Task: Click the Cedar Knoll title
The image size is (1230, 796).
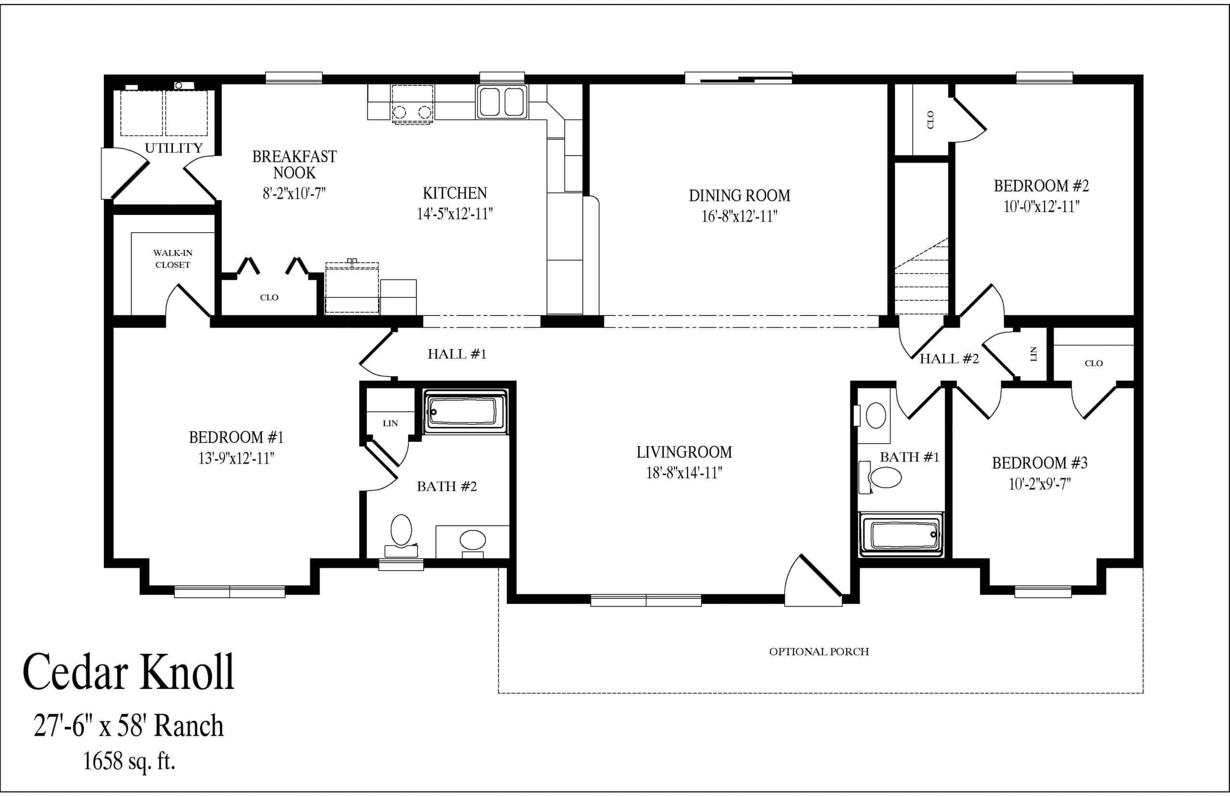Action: point(128,672)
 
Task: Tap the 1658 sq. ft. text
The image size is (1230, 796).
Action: point(129,761)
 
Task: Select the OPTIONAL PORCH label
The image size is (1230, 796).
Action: point(819,652)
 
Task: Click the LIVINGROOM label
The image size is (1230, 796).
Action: point(684,452)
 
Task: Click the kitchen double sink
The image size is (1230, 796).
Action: point(502,102)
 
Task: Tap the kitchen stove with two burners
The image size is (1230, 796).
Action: point(412,105)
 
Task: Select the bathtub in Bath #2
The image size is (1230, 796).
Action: point(466,412)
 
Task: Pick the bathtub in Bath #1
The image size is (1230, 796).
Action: point(901,535)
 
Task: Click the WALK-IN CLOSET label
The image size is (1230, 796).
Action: point(172,259)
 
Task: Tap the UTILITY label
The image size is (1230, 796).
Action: point(173,149)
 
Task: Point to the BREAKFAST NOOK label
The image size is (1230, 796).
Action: point(295,164)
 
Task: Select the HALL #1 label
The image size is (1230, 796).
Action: point(457,354)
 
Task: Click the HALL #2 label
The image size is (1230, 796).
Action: point(949,359)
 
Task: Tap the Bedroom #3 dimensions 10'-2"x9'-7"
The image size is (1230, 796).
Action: point(1039,485)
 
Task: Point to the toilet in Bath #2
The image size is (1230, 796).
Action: point(401,535)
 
